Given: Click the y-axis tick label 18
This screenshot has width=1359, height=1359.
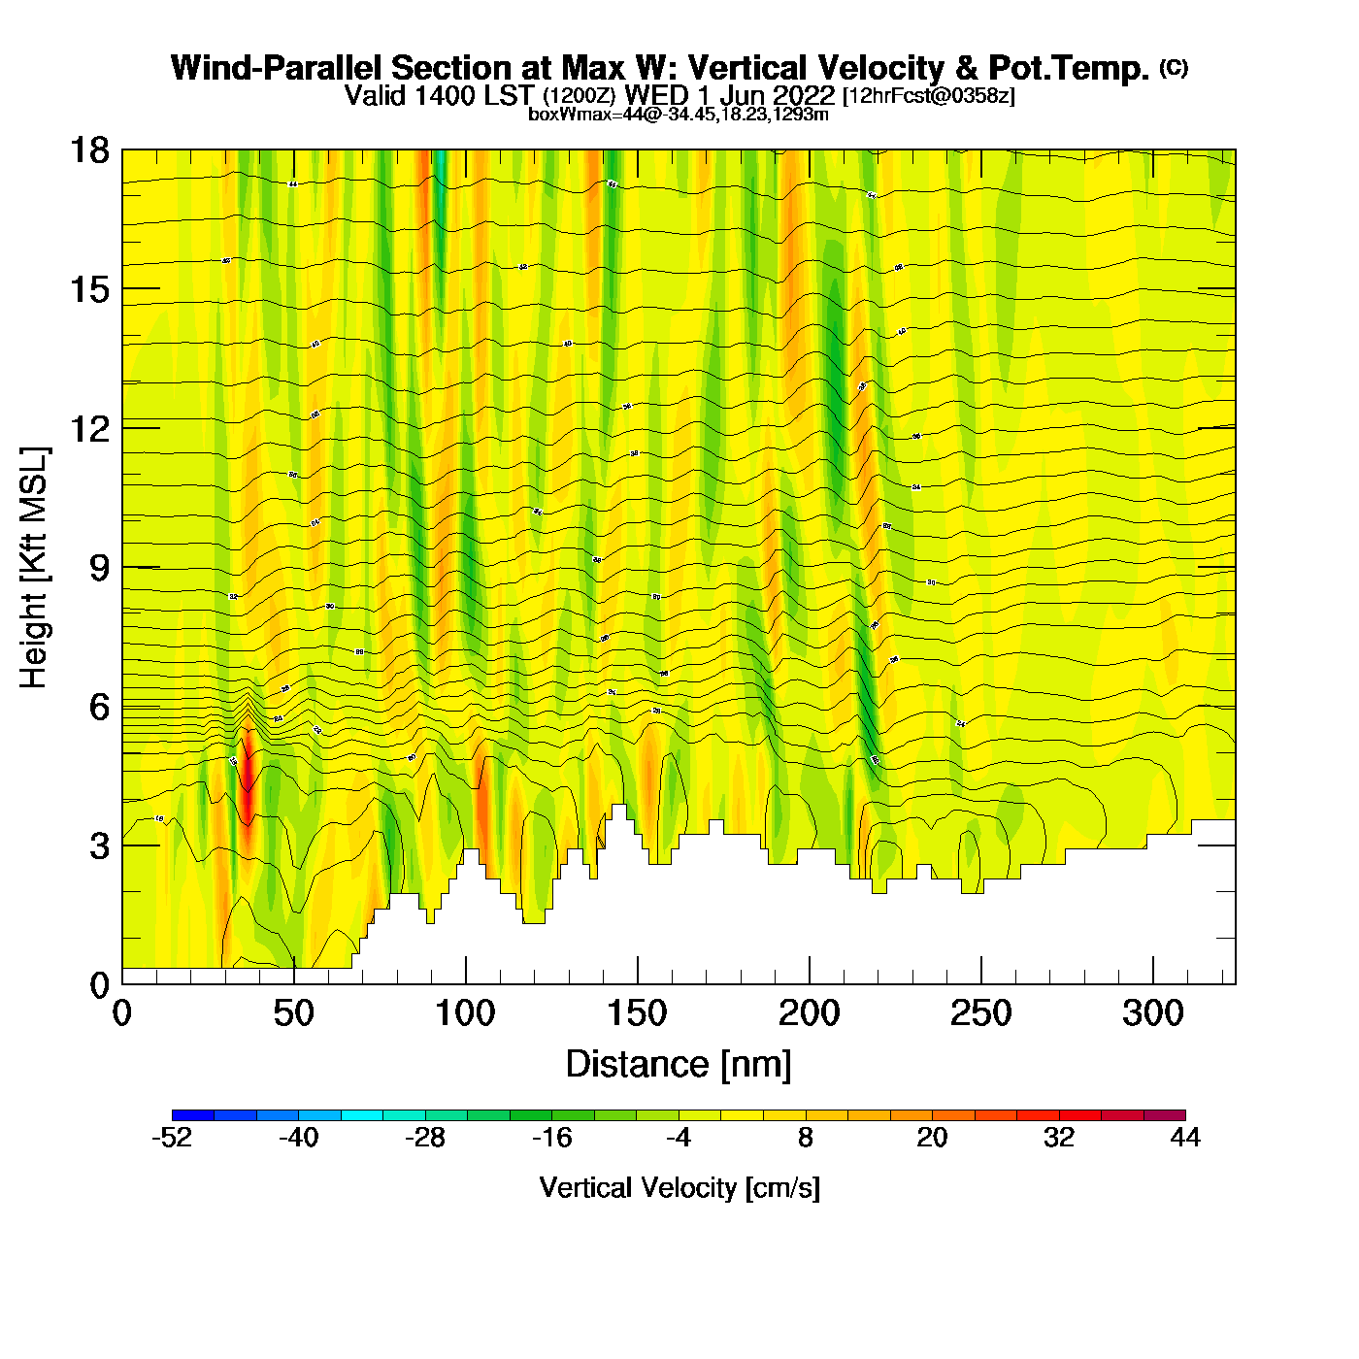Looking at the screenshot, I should click(x=88, y=150).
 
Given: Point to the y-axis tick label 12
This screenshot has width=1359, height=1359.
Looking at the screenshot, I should click(x=88, y=428).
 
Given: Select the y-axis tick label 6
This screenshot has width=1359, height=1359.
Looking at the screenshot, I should click(x=99, y=707).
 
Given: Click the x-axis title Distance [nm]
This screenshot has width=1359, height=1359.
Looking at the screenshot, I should click(x=679, y=1065).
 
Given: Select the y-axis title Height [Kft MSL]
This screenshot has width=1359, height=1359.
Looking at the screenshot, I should click(x=34, y=568).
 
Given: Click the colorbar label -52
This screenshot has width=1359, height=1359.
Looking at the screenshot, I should click(x=172, y=1138).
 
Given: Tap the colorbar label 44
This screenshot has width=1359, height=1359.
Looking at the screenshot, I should click(x=1185, y=1138).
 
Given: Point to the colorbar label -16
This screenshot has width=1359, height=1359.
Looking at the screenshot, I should click(x=551, y=1138).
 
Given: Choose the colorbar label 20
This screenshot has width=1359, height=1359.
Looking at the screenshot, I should click(x=932, y=1138).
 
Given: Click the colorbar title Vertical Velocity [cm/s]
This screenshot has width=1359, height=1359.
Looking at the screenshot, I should click(x=679, y=1187).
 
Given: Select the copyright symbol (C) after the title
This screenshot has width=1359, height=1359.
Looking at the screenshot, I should click(x=1174, y=67).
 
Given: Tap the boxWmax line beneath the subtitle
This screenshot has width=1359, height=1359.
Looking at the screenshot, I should click(x=679, y=115).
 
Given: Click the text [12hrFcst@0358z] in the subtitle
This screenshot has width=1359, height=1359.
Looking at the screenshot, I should click(x=929, y=96).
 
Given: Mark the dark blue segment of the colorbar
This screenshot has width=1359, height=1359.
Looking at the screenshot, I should click(x=193, y=1115).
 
